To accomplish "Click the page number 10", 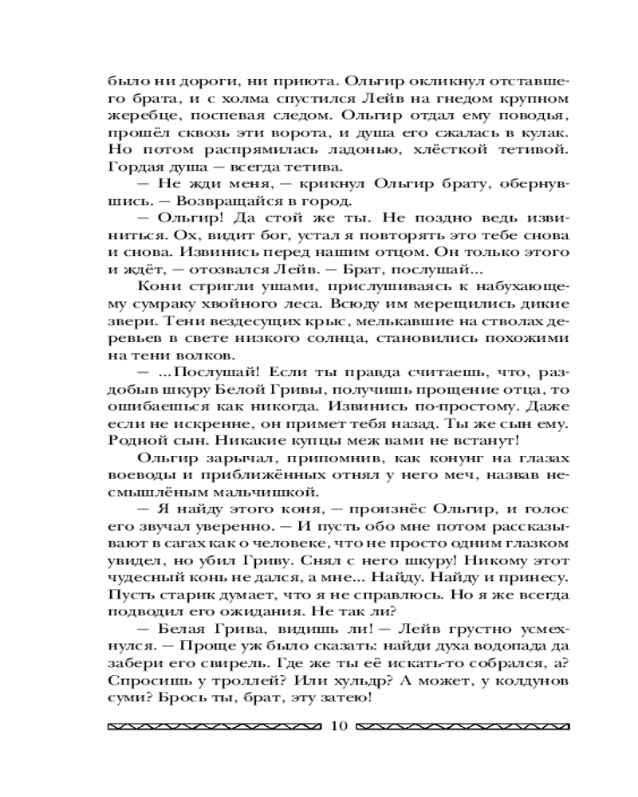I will [337, 725].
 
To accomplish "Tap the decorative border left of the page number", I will [214, 726].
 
